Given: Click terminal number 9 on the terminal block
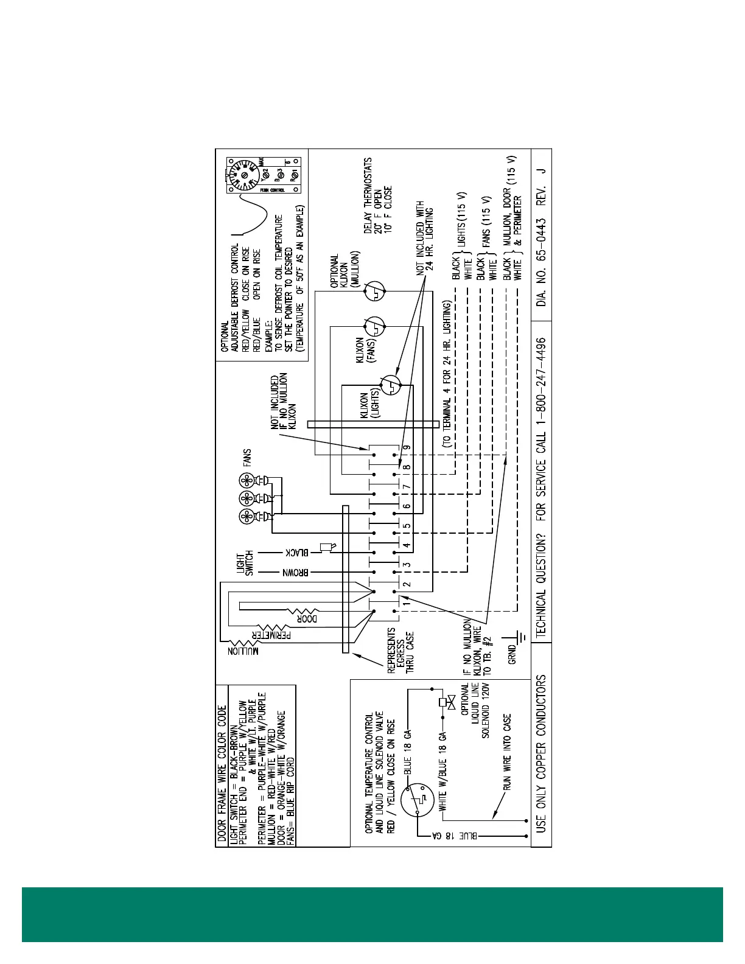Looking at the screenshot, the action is [407, 447].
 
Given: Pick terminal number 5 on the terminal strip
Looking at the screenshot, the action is [407, 526].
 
